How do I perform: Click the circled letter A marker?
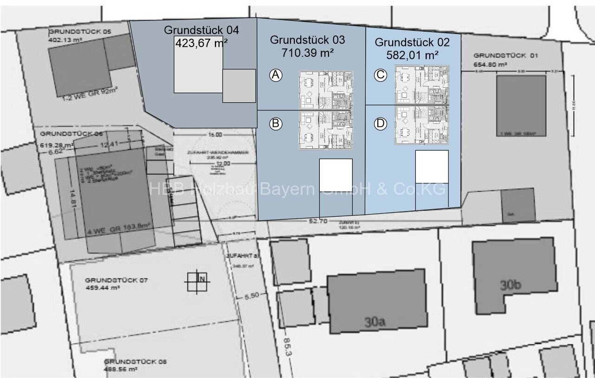pos(276,75)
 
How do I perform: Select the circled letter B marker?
pos(276,124)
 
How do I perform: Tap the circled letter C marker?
pos(380,75)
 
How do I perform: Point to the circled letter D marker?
pos(380,124)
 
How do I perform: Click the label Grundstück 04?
pos(201,30)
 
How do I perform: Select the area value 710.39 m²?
pos(307,53)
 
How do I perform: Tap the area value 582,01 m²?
pos(412,55)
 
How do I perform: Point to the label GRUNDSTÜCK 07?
pos(116,280)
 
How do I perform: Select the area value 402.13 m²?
pos(65,40)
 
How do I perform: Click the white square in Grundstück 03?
pos(336,175)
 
